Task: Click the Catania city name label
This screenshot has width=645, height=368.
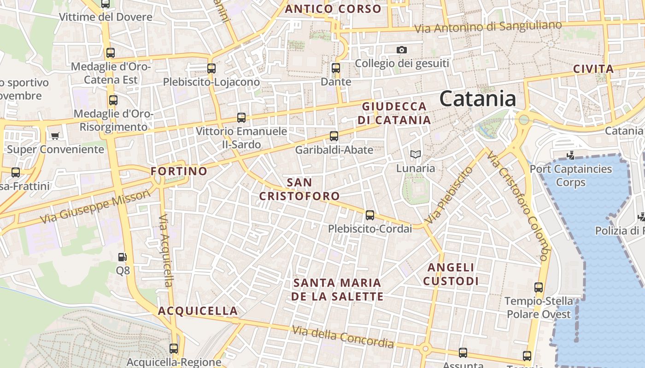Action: point(478,99)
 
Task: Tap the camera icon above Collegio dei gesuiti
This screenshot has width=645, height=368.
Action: point(402,50)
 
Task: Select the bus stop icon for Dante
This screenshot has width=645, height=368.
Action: point(336,69)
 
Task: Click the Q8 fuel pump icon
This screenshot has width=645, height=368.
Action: point(123,257)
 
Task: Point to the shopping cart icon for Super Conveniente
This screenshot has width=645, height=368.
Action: point(55,136)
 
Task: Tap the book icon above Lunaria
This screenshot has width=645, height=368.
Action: point(416,155)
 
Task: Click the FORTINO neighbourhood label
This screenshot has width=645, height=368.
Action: point(179,172)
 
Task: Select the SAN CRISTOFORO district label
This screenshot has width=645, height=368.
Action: point(299,189)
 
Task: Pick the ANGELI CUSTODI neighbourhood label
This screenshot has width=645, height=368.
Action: point(451,274)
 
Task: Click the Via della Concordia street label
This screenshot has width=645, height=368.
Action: point(343,337)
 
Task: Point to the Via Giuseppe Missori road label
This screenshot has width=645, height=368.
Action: point(95,207)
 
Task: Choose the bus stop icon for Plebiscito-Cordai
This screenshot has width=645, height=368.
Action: point(370,215)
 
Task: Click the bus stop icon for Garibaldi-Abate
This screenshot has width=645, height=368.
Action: point(334,136)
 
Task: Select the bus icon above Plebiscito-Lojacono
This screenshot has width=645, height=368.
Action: point(211,69)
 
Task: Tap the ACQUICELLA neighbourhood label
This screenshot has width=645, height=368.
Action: point(198,311)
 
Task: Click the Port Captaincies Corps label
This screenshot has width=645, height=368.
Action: point(571,175)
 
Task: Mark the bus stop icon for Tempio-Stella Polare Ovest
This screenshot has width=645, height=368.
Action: point(539,287)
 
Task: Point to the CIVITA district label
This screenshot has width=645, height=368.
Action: point(593,69)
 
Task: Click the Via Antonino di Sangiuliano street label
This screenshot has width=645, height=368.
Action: point(488,27)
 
